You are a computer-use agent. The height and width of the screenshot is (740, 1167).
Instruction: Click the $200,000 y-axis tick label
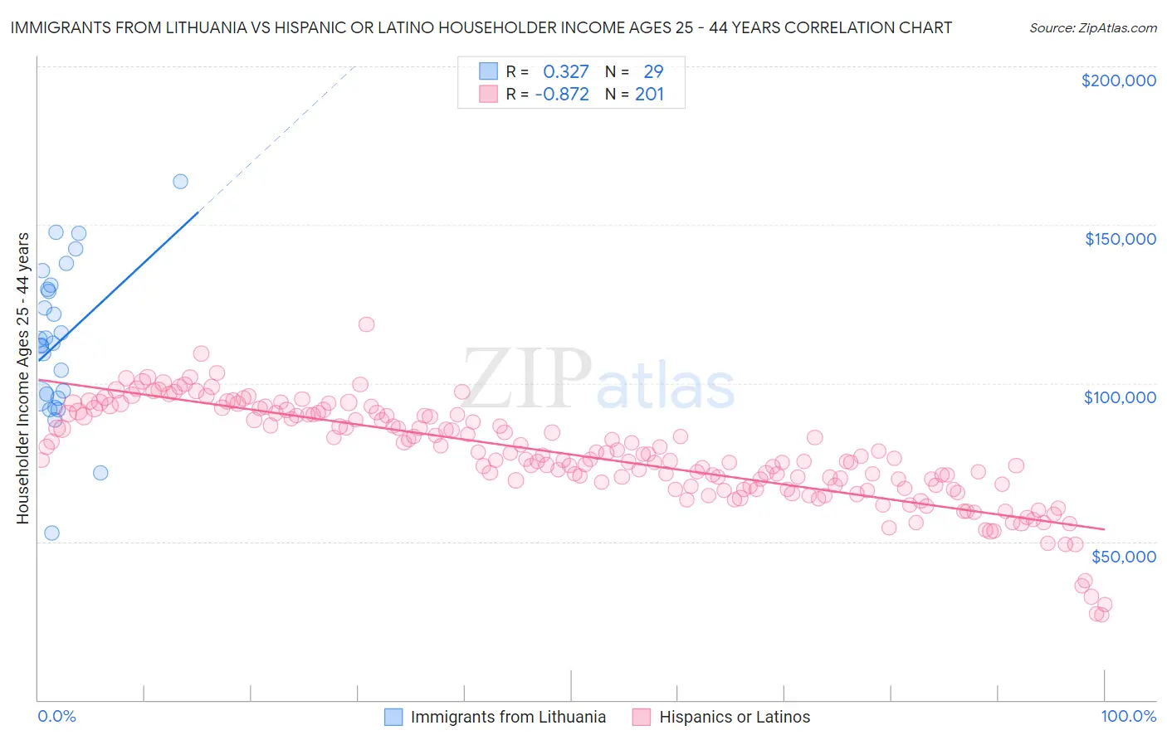click(1118, 80)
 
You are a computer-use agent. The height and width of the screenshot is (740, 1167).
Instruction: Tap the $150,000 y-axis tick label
click(1120, 239)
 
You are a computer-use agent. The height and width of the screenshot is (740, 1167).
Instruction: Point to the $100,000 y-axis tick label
click(1120, 397)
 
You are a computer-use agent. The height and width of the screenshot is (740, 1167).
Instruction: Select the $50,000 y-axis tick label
click(1123, 556)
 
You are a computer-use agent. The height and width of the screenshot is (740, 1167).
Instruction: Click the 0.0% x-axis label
click(56, 716)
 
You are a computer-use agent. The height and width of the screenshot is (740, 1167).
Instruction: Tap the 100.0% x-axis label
click(1128, 716)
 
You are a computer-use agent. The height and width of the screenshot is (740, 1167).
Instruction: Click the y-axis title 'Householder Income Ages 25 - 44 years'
click(22, 377)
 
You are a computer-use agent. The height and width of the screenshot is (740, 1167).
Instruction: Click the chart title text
click(481, 27)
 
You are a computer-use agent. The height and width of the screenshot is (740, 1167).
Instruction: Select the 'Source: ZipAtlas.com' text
click(1092, 27)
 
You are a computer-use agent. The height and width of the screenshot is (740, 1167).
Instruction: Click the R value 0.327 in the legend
click(565, 71)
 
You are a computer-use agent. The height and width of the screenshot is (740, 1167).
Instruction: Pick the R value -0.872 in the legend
click(562, 94)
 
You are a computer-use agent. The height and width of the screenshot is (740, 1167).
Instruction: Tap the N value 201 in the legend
click(649, 94)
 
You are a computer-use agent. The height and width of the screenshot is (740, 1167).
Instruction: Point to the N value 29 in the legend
click(653, 71)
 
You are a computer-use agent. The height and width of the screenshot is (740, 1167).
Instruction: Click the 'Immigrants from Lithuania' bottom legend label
click(508, 717)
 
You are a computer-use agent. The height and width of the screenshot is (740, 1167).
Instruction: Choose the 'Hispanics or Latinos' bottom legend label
click(735, 717)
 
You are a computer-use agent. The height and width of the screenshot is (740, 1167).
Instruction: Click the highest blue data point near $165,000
click(180, 182)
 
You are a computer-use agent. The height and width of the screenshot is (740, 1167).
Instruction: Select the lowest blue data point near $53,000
click(51, 533)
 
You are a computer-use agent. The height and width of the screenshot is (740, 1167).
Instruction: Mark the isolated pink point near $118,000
click(366, 324)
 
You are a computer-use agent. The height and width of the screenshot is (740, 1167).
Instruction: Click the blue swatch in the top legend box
click(488, 71)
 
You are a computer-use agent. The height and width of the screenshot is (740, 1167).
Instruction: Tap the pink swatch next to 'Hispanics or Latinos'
click(641, 717)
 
